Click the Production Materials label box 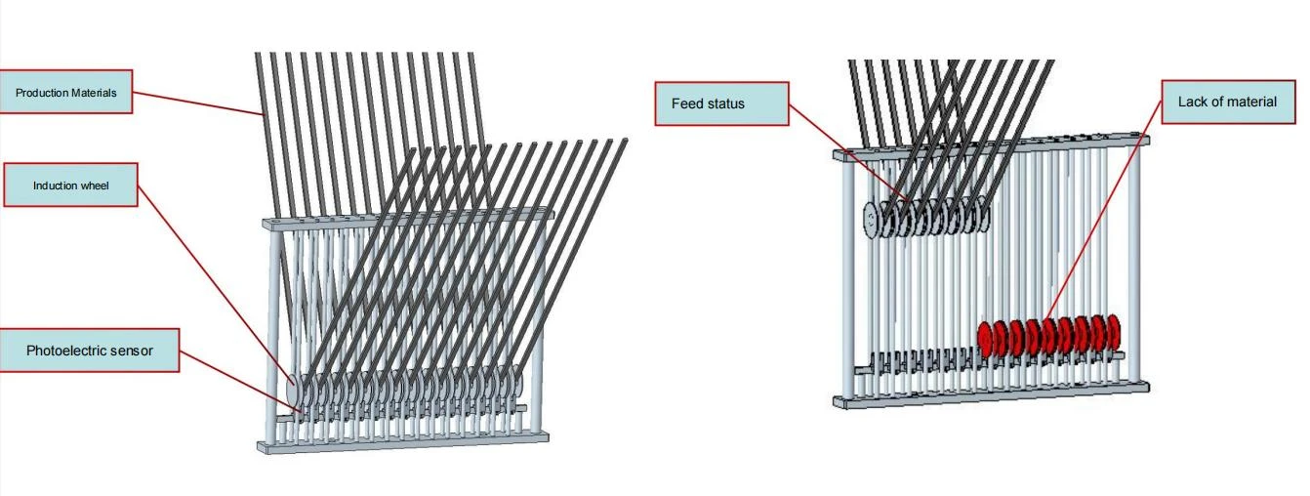(65, 92)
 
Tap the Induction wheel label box (70, 185)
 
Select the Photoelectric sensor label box (89, 351)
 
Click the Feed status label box (721, 103)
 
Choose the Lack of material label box (1228, 102)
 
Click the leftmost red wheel (985, 339)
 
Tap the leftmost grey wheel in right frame (872, 220)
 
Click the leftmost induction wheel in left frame (294, 390)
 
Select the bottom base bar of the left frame (403, 441)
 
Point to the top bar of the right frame (991, 145)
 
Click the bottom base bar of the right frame (991, 394)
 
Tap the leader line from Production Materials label (198, 103)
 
